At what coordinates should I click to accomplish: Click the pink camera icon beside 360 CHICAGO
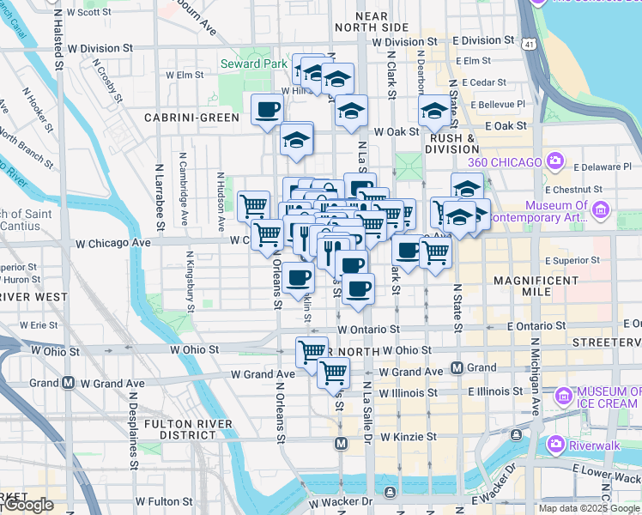pyautogui.click(x=555, y=161)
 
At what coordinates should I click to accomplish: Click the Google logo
pyautogui.click(x=28, y=505)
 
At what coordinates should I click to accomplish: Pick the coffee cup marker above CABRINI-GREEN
pyautogui.click(x=267, y=111)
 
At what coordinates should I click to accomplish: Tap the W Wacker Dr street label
pyautogui.click(x=341, y=501)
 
